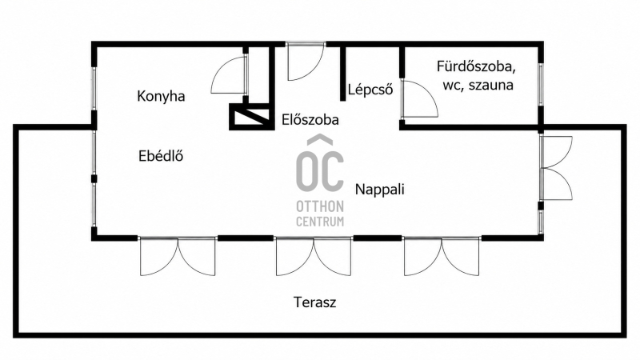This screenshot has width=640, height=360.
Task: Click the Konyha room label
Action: pos(161,97)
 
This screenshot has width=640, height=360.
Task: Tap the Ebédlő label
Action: pos(161,156)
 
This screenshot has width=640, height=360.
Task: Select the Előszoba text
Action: pos(310,119)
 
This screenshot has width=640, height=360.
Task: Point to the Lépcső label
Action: pos(370,90)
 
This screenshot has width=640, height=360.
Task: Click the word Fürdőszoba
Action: pos(476,66)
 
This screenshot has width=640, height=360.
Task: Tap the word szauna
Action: pos(491,86)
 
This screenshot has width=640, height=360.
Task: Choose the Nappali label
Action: pos(379,190)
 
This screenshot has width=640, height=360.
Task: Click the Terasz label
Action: pos(314,302)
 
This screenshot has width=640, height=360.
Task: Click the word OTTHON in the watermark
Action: pos(320,206)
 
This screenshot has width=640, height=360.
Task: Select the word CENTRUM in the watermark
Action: pos(320,222)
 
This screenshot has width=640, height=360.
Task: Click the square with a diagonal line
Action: pos(250,117)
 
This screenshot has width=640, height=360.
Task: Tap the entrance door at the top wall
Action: pos(306,61)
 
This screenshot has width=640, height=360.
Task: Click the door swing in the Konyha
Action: pos(230,75)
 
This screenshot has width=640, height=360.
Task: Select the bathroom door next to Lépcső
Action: pos(419,99)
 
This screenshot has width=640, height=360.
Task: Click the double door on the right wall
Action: pos(556,168)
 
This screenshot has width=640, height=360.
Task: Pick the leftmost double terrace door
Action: pos(178,256)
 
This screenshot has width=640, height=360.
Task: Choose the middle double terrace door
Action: pos(313,256)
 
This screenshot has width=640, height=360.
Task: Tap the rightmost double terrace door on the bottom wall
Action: pos(442,256)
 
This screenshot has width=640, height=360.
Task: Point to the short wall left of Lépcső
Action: pos(343,74)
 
